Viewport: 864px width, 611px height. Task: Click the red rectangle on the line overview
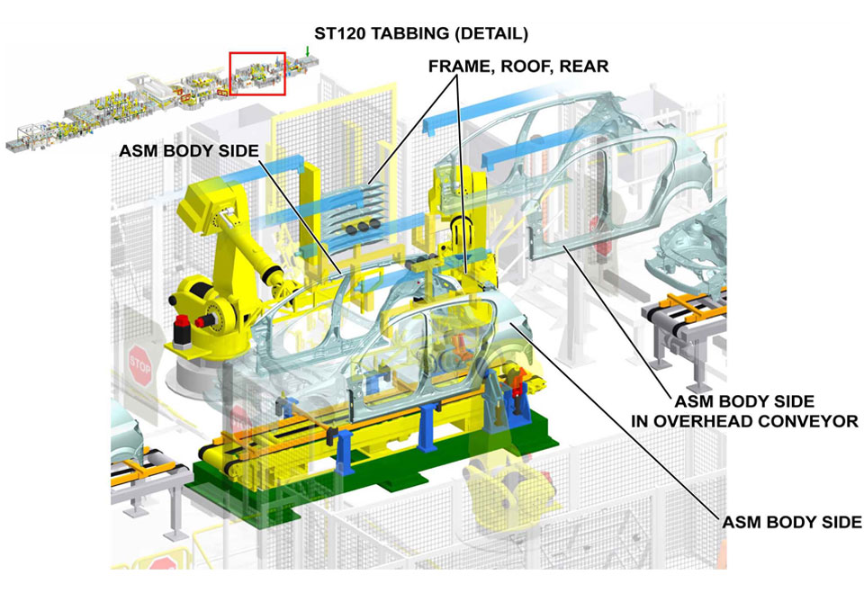[257, 73]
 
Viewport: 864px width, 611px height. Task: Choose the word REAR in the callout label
[586, 66]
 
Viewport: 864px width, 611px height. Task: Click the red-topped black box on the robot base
[180, 329]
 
